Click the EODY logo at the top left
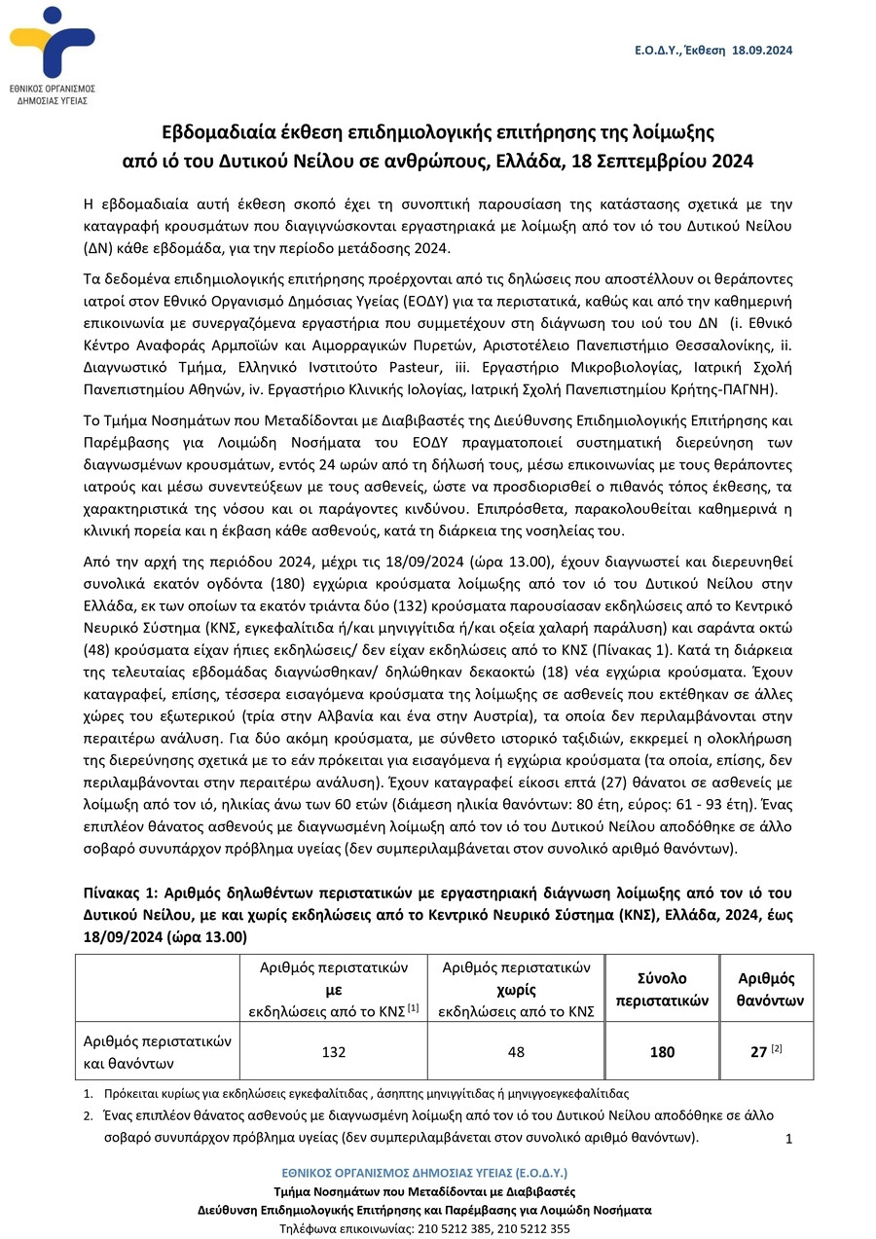tap(53, 54)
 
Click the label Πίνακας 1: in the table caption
tap(116, 893)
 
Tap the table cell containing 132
tap(334, 1052)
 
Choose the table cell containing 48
tap(517, 1052)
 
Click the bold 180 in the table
tap(663, 1052)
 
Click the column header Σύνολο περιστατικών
tap(663, 988)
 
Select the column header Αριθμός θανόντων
tap(766, 988)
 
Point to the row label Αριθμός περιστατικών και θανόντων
tap(156, 1051)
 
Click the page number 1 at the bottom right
tap(789, 1140)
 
